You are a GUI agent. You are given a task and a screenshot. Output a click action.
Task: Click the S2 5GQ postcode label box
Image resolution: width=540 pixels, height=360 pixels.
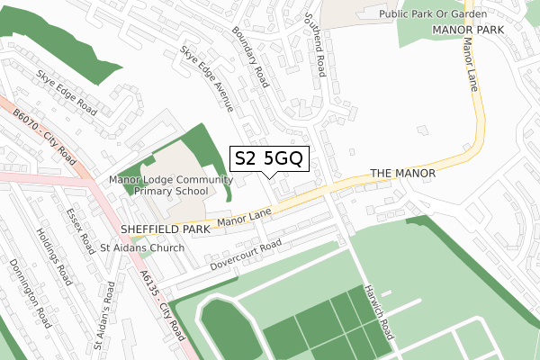(x=271, y=159)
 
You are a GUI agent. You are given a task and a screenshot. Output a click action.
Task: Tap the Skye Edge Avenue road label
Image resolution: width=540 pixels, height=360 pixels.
(x=206, y=79)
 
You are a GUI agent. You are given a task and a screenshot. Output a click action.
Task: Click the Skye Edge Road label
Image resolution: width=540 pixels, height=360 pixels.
(x=67, y=90)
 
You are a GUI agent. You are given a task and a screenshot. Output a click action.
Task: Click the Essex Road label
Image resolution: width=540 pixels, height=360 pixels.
(x=78, y=228)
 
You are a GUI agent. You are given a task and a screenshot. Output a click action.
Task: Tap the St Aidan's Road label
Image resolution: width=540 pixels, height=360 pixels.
(x=103, y=315)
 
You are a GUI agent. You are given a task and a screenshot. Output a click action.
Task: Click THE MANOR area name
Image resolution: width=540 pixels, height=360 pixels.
(x=402, y=173)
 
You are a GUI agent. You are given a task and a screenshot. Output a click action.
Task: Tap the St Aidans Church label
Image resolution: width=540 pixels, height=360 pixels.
(x=142, y=247)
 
